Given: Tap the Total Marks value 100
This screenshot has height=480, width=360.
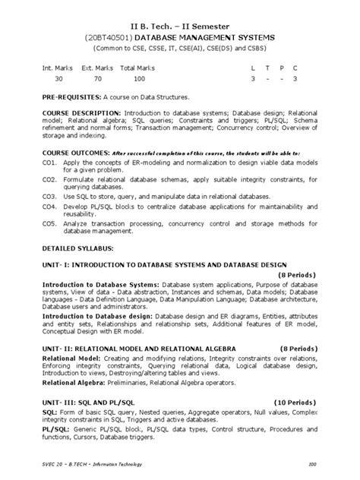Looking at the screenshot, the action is pyautogui.click(x=138, y=78).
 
